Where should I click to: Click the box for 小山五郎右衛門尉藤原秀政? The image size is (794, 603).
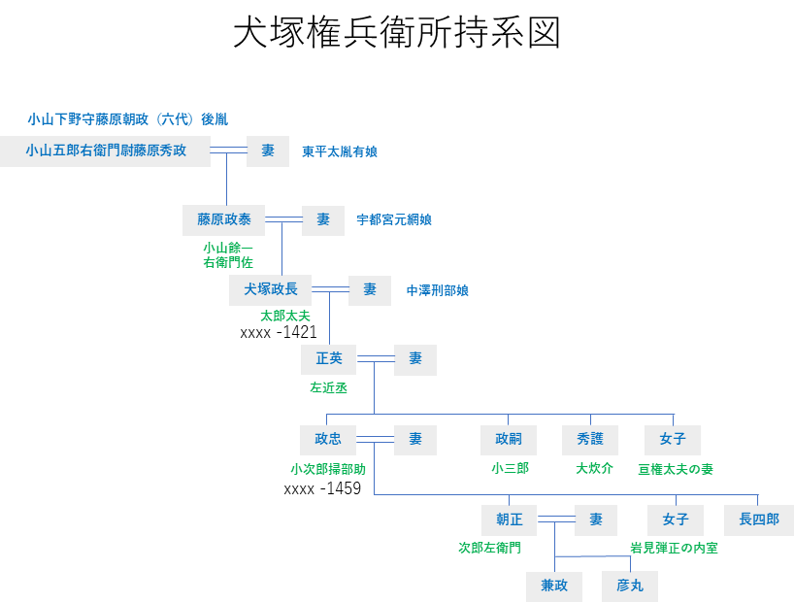[105, 151]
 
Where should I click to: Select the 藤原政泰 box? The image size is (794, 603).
[224, 219]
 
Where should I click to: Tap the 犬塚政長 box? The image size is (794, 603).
[271, 289]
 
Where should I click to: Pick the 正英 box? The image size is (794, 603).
[329, 359]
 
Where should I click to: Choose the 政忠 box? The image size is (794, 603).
[328, 440]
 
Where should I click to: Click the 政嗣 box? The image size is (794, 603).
[509, 440]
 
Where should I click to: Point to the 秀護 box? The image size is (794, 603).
[590, 440]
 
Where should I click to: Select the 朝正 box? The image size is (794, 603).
[510, 519]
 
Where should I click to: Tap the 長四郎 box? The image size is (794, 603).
[758, 519]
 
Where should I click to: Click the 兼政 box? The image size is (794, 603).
[554, 586]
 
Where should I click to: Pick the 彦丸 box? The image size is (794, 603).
[630, 586]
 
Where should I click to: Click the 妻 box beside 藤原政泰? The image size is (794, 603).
[323, 219]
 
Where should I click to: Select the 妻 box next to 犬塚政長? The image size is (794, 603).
[370, 289]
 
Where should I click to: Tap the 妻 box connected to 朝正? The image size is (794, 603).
[596, 519]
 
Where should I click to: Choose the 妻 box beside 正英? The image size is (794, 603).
[415, 359]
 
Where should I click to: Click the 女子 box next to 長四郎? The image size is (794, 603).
[676, 519]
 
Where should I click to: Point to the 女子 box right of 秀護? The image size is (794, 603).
[673, 440]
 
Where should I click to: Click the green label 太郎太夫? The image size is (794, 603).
[285, 316]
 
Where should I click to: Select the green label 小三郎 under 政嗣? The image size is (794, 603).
[510, 468]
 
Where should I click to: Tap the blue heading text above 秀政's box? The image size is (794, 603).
[127, 119]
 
